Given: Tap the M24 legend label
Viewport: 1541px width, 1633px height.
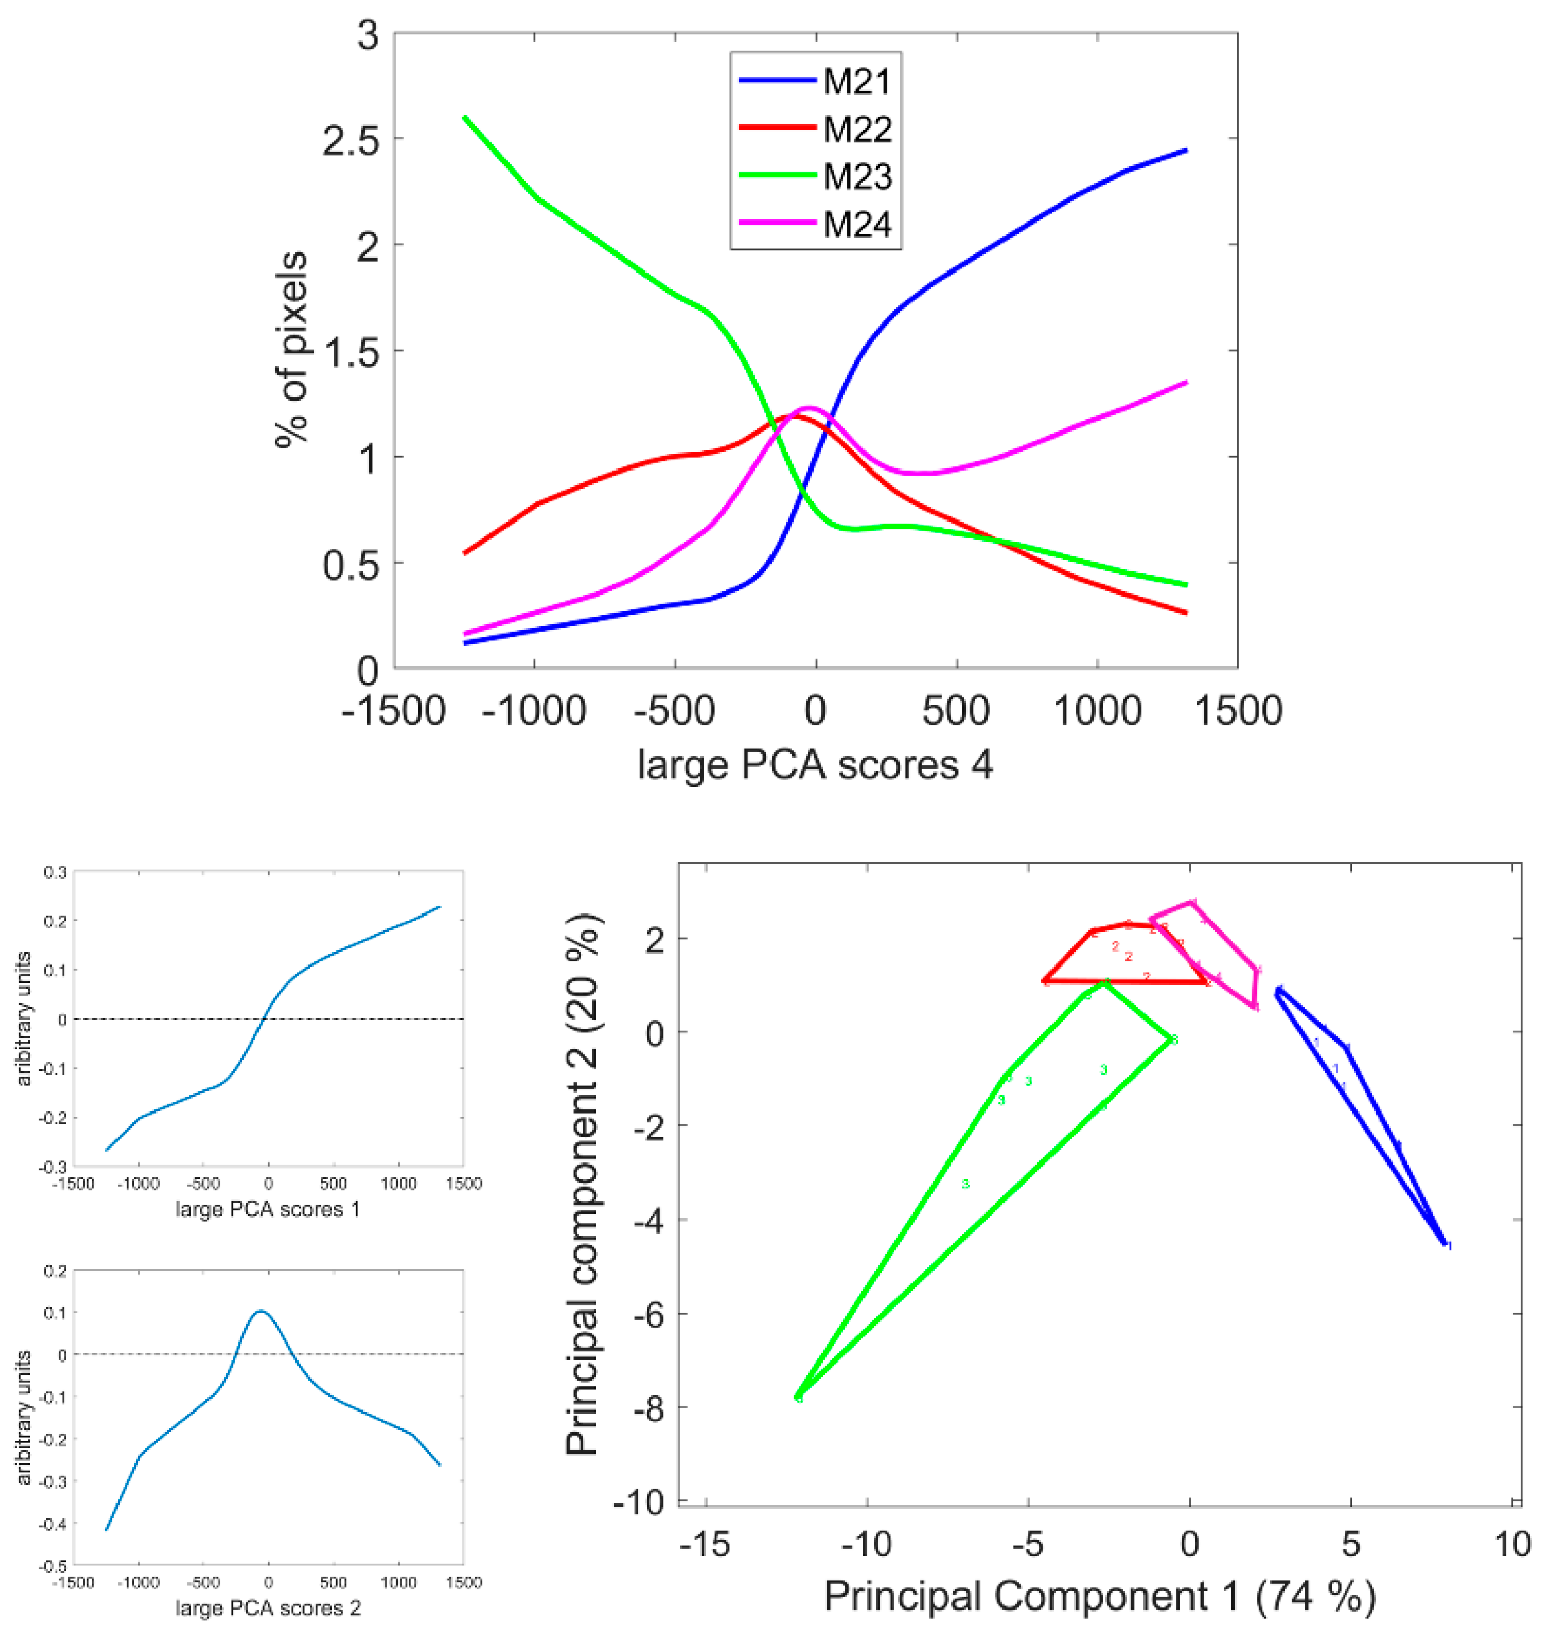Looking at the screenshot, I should [857, 224].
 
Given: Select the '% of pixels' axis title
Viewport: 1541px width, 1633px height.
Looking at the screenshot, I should [292, 349].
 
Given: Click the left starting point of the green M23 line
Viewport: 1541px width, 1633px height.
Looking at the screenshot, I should [465, 117].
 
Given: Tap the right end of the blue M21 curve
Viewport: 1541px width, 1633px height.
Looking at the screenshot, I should [1186, 150].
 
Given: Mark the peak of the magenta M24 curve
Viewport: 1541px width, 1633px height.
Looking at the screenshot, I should [808, 407].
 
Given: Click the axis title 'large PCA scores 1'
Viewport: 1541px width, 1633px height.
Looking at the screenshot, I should [267, 1209].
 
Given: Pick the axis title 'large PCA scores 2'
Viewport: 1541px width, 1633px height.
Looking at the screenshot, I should [267, 1607].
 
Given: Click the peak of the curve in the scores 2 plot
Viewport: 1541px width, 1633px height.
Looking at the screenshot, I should [261, 1311].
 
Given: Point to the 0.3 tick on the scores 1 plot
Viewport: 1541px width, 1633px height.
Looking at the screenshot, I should [56, 873].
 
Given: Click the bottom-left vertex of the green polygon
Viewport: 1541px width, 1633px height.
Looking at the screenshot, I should [797, 1397].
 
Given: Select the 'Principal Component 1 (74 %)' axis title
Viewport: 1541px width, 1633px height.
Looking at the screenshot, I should [1099, 1596].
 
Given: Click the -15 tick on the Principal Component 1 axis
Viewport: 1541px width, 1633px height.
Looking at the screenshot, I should [705, 1545].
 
